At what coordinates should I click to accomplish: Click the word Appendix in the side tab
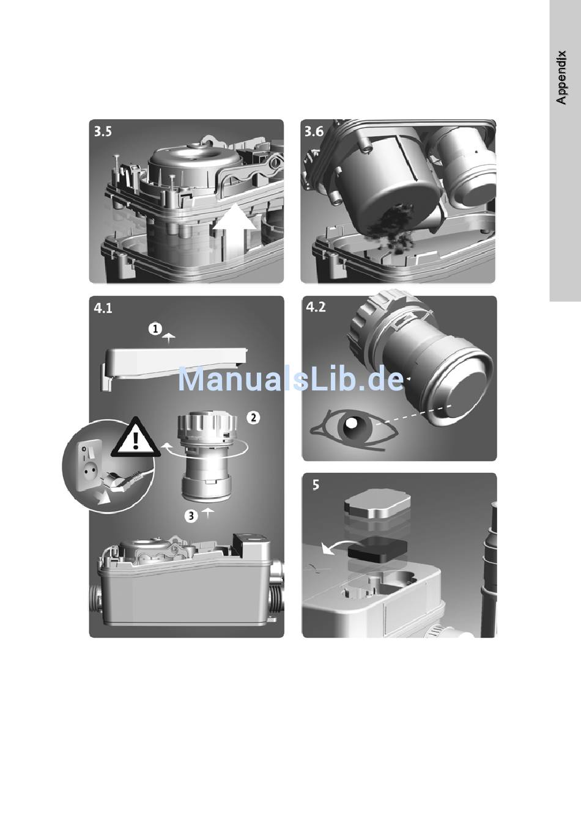562,78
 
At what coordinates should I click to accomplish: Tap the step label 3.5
103,131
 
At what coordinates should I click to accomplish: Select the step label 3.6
314,131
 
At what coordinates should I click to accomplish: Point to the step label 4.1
103,309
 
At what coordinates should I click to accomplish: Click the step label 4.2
316,307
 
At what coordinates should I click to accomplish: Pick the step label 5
316,485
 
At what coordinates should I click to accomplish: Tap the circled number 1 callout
155,329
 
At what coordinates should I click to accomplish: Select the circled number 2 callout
253,418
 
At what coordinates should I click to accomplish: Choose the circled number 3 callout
191,516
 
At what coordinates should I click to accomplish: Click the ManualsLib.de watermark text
291,380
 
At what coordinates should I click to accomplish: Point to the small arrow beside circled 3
208,513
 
